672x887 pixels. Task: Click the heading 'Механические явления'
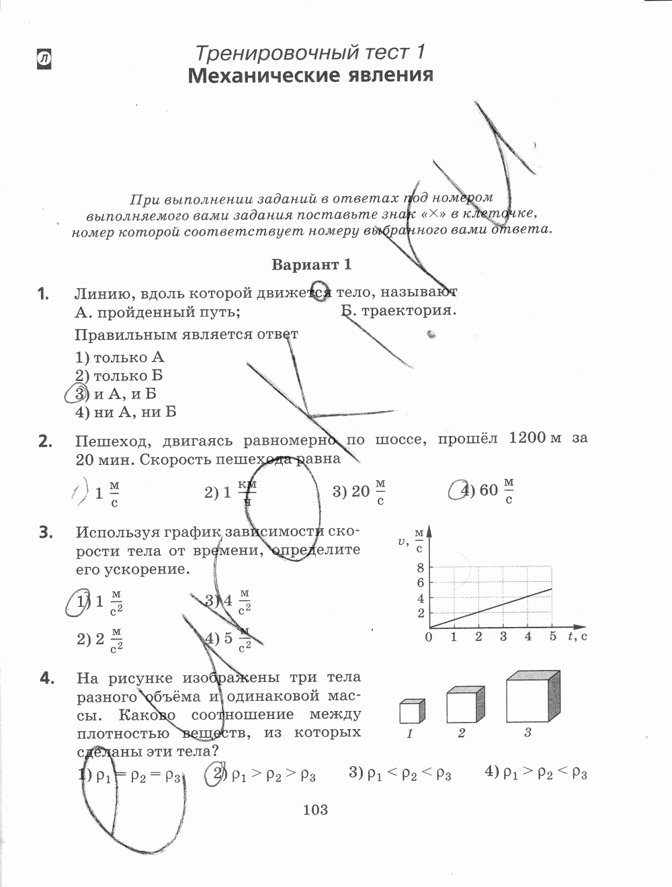310,75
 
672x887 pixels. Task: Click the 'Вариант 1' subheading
311,264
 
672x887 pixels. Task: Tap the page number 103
315,810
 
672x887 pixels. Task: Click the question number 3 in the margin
45,533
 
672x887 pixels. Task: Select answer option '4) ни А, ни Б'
126,412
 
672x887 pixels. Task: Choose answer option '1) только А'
120,357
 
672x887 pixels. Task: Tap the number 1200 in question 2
528,438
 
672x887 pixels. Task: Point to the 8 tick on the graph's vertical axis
421,568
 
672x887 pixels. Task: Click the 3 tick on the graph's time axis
503,636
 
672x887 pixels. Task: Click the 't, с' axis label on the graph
577,636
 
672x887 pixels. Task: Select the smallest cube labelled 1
411,711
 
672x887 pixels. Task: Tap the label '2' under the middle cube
462,733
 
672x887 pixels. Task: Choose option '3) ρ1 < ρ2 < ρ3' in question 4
400,773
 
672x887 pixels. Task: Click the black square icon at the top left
44,60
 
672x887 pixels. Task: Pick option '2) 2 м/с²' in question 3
100,639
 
